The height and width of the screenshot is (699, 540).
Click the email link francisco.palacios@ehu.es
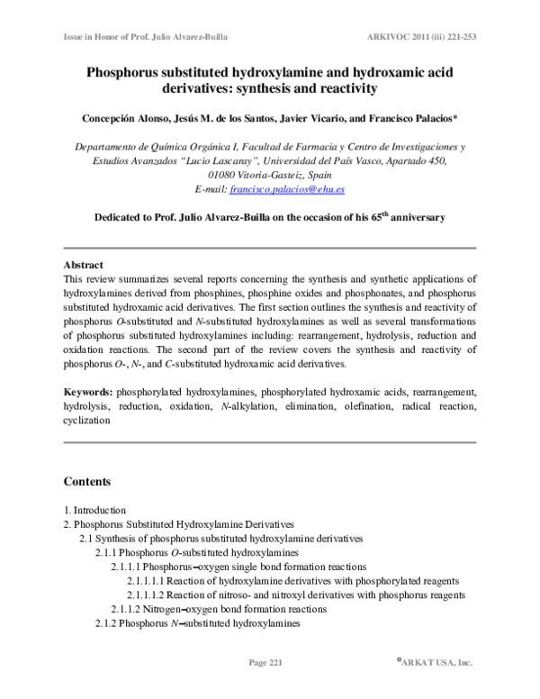294,190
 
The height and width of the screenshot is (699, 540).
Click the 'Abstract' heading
83,266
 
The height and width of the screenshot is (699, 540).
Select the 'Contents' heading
87,481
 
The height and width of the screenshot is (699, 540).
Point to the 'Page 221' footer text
265,663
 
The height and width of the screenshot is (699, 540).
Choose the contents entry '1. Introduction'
94,509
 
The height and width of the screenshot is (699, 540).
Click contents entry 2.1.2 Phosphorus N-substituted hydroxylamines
198,623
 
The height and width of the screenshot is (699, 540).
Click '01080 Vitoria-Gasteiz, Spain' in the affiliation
269,176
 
